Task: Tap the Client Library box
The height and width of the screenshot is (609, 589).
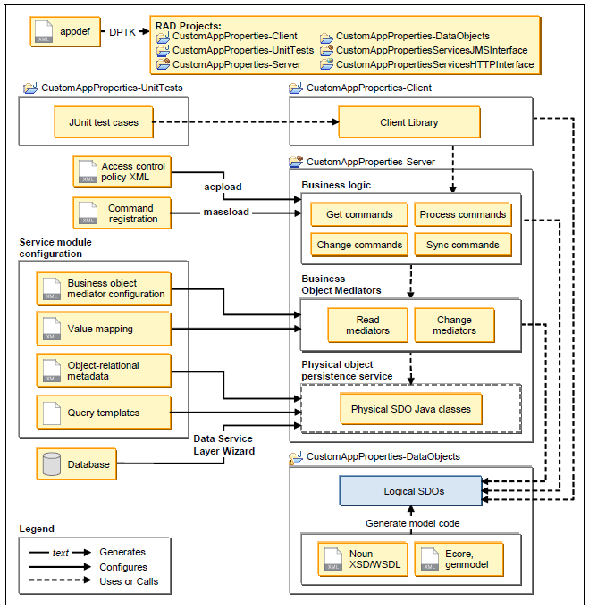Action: coord(408,122)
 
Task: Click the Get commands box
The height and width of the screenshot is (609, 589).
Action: coord(359,214)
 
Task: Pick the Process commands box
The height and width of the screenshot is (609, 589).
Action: coord(463,214)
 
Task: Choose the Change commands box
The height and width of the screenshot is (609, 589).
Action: coord(359,245)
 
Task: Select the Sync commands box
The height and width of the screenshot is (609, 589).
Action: coord(463,245)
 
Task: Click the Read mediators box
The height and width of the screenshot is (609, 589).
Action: coord(367,325)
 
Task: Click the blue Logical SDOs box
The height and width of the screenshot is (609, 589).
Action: coord(410,490)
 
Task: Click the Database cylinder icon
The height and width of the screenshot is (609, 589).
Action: coord(52,464)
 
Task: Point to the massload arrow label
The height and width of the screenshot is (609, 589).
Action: coord(225,212)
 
